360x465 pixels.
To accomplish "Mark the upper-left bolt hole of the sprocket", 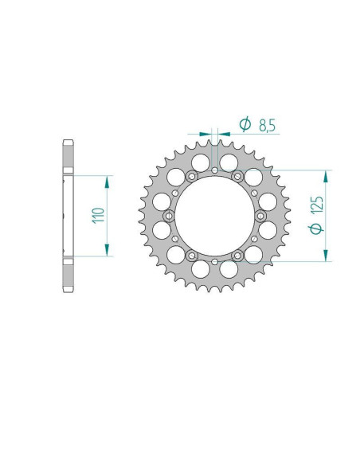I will [x=192, y=175].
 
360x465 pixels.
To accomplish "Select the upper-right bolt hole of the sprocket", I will [x=238, y=175].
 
